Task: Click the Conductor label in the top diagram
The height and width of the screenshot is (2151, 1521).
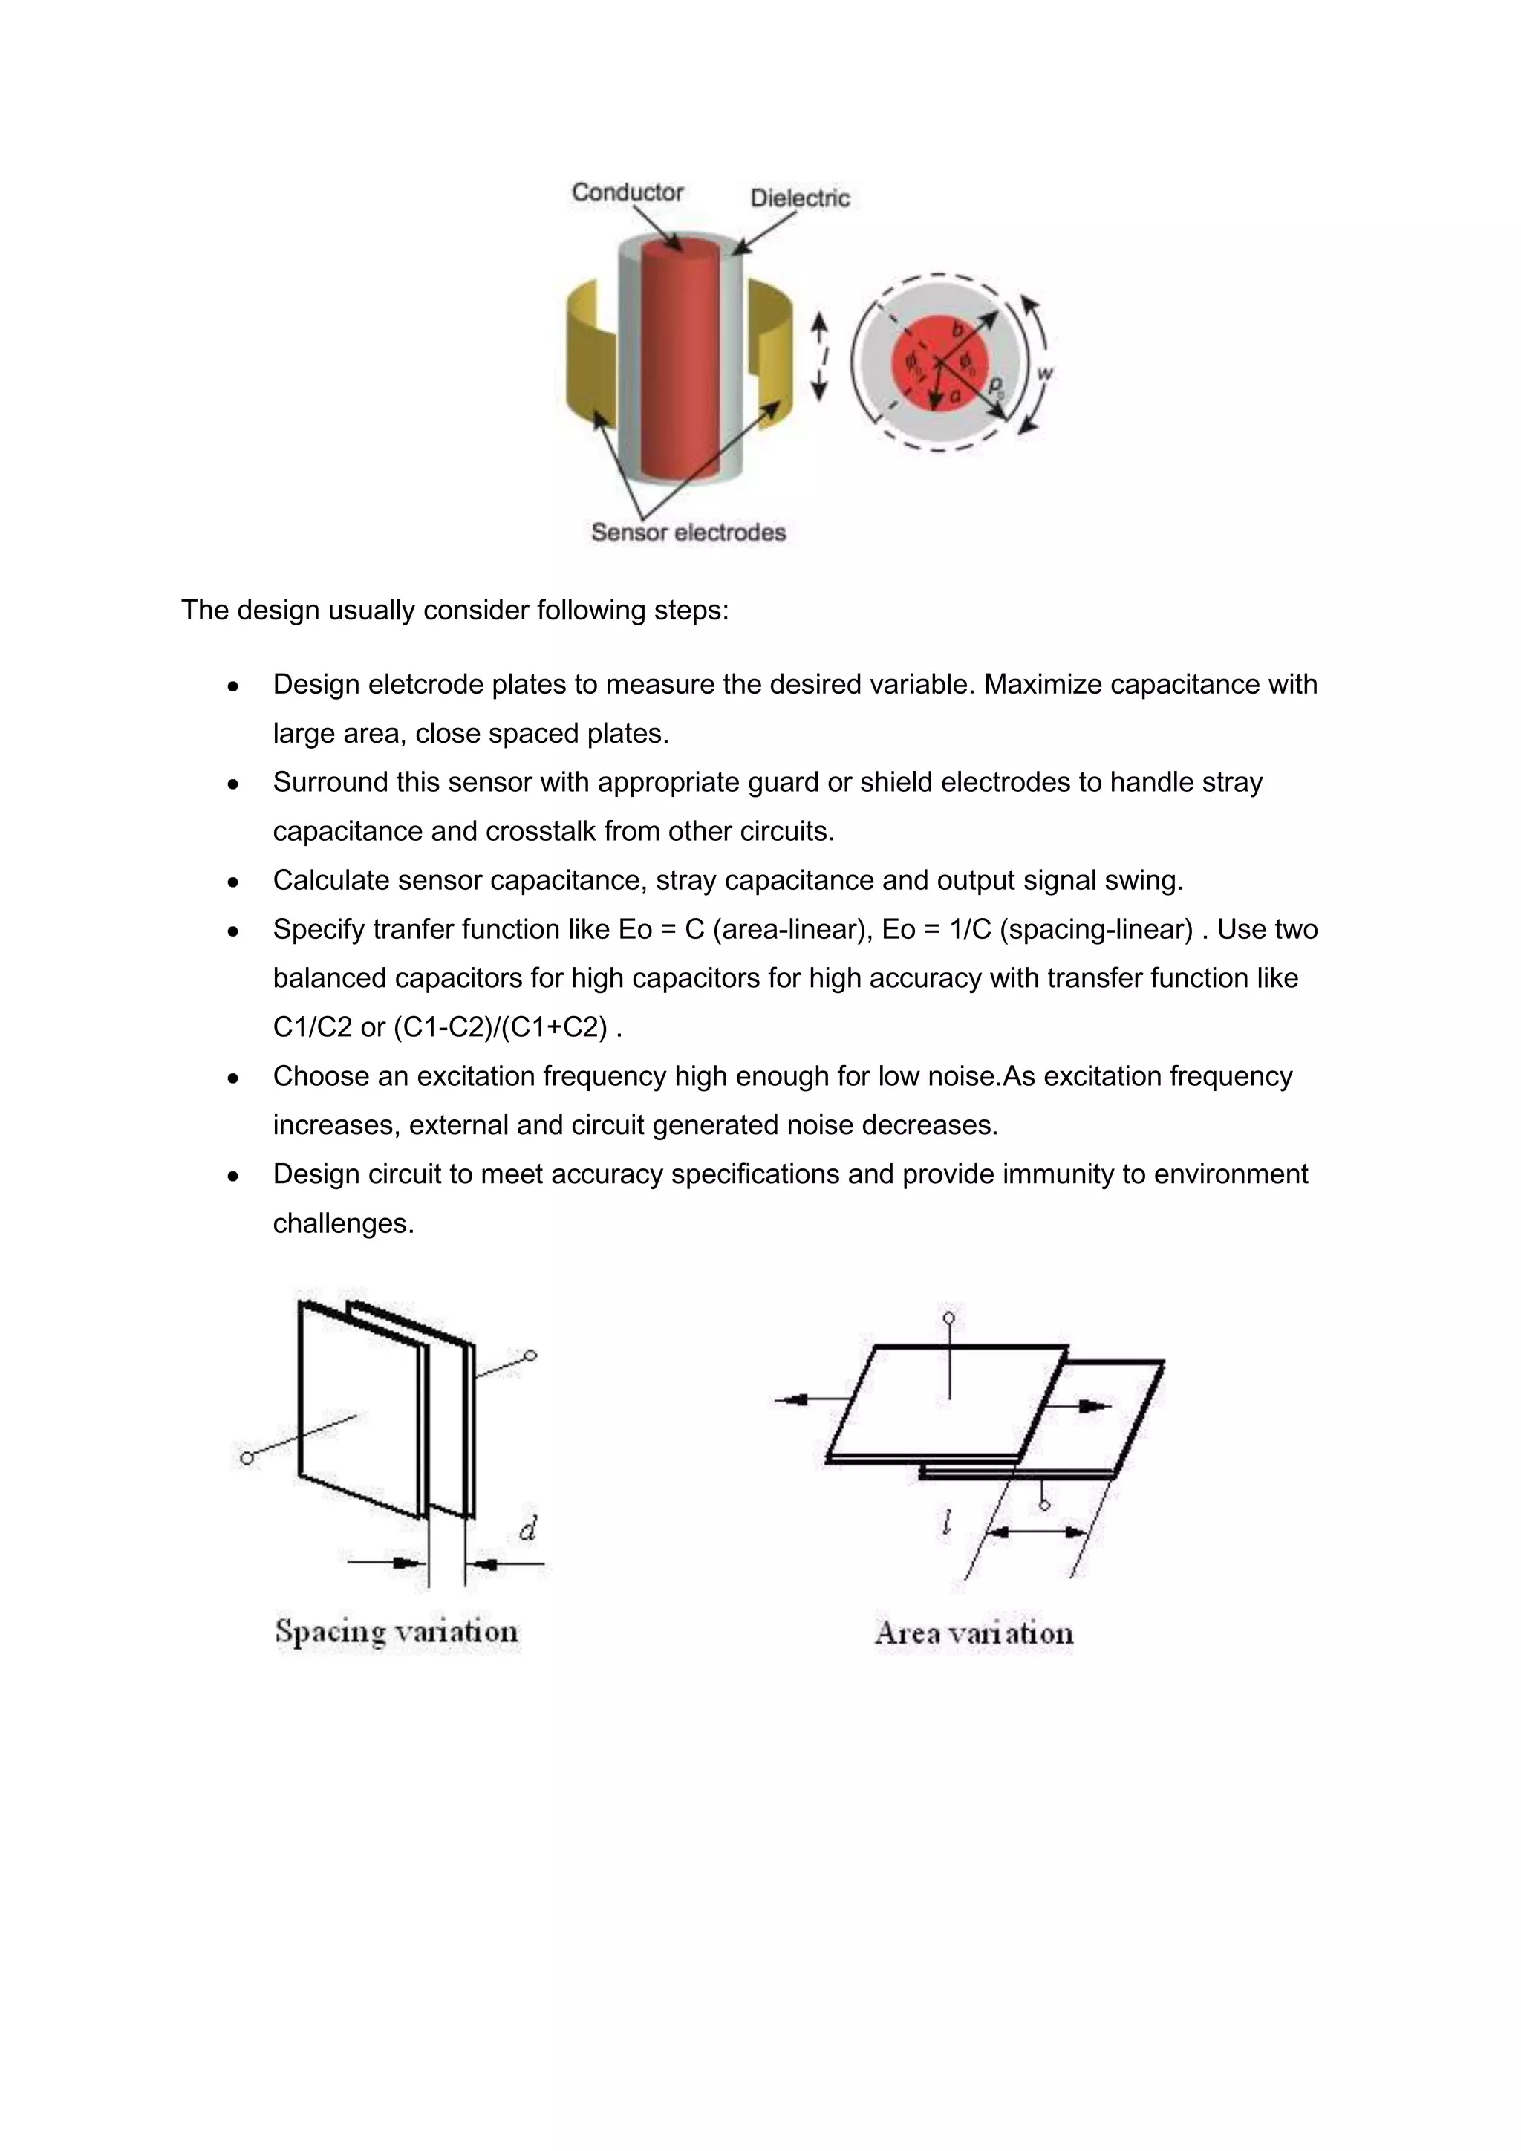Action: pyautogui.click(x=628, y=192)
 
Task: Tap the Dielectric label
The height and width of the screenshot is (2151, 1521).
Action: pyautogui.click(x=800, y=198)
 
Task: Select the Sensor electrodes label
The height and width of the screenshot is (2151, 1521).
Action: pyautogui.click(x=688, y=532)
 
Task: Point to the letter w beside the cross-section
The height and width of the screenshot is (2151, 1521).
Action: pyautogui.click(x=1045, y=373)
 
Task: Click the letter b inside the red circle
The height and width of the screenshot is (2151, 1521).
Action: pyautogui.click(x=957, y=330)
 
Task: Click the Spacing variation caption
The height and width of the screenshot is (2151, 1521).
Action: pyautogui.click(x=396, y=1631)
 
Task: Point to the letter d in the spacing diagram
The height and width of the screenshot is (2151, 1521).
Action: pyautogui.click(x=527, y=1529)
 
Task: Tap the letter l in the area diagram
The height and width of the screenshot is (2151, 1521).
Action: pyautogui.click(x=947, y=1523)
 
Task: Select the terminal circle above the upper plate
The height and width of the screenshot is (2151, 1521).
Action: pyautogui.click(x=948, y=1318)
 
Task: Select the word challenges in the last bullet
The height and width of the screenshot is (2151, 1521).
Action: pyautogui.click(x=343, y=1223)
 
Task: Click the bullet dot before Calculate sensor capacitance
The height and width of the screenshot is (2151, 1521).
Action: pyautogui.click(x=233, y=882)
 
